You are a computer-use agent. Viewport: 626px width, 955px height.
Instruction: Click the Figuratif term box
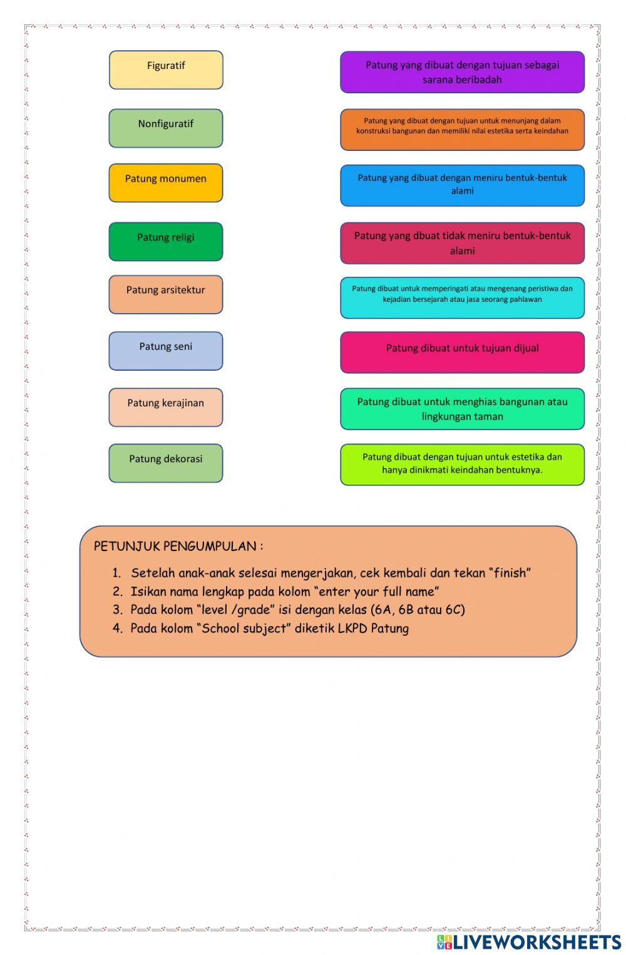click(166, 70)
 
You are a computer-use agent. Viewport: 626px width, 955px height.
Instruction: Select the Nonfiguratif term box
click(166, 128)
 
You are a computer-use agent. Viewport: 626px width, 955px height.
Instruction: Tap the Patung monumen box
click(166, 183)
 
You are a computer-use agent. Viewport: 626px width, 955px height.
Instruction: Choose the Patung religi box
click(166, 241)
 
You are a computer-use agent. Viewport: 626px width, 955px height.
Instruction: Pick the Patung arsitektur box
click(166, 294)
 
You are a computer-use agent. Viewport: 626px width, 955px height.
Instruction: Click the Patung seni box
click(166, 351)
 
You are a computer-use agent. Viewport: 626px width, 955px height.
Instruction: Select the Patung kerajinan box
click(166, 407)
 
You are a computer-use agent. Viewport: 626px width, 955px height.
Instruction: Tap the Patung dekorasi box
click(166, 463)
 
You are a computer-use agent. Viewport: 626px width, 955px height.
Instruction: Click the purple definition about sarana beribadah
click(462, 72)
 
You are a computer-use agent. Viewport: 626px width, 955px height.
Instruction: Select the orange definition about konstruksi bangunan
click(462, 130)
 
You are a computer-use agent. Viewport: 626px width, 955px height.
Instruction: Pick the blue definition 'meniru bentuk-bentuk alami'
click(462, 185)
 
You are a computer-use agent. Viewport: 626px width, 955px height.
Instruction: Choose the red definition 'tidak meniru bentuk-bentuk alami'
click(462, 243)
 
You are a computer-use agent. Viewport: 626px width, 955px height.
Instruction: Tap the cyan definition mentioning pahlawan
click(462, 297)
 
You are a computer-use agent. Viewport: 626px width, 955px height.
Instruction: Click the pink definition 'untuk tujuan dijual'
click(462, 352)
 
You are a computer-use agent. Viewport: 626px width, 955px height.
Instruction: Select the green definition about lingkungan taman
click(462, 409)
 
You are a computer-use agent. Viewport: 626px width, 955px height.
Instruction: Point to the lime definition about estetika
click(462, 464)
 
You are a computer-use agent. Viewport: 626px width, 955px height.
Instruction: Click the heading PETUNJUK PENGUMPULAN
click(178, 546)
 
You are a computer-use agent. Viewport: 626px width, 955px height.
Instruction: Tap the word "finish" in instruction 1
click(511, 573)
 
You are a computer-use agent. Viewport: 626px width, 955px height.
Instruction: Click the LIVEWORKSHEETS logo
click(529, 942)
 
